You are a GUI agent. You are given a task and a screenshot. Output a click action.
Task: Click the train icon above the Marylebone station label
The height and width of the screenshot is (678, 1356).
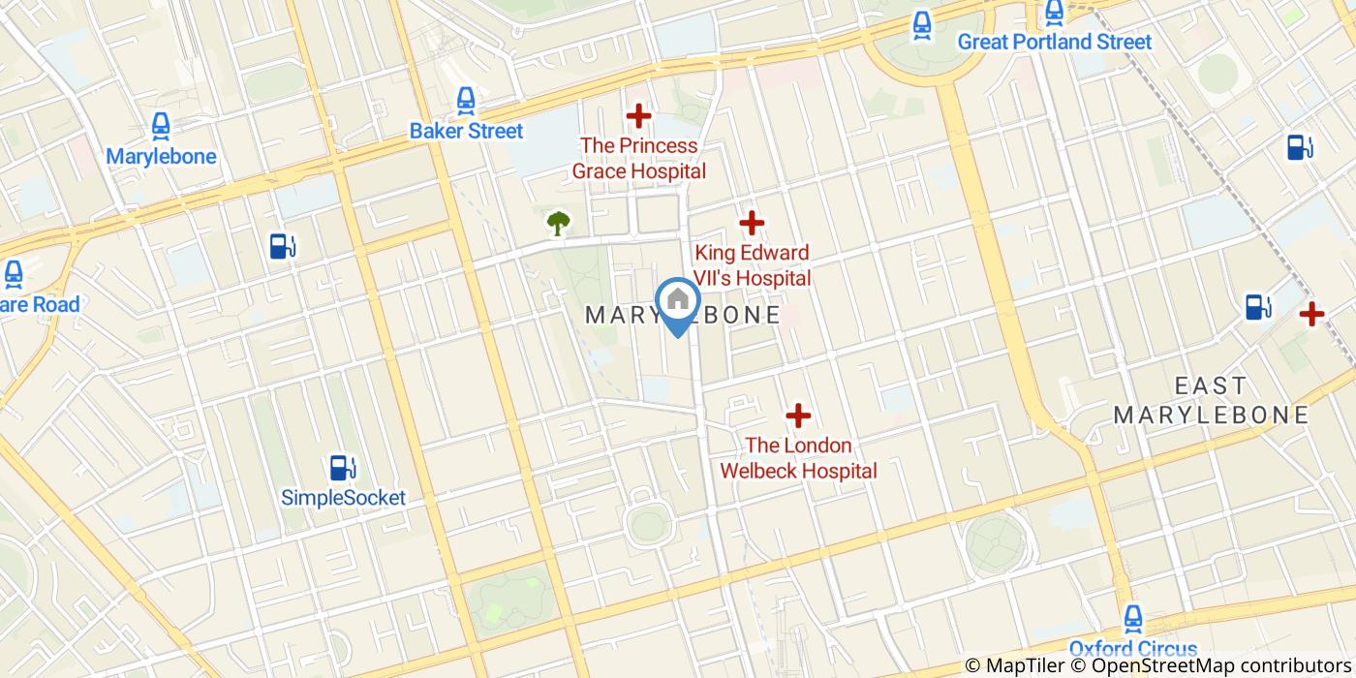(161, 125)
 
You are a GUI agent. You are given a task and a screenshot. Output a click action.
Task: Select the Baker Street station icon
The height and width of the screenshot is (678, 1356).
(466, 100)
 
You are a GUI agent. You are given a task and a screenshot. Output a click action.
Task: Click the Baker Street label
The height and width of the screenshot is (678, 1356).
(466, 131)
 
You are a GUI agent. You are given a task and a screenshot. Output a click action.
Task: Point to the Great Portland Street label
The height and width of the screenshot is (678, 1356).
(1055, 42)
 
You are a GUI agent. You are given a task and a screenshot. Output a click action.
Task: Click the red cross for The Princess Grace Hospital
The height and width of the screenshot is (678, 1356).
(638, 116)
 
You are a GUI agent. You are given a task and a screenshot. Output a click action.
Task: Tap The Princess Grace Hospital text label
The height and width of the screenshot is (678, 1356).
(638, 159)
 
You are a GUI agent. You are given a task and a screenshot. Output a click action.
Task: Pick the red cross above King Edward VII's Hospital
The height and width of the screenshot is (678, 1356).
(752, 224)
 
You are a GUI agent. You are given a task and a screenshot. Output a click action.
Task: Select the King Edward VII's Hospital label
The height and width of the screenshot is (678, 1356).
(752, 265)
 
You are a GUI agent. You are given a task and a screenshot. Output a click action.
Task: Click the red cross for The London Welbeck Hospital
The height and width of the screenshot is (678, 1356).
(798, 416)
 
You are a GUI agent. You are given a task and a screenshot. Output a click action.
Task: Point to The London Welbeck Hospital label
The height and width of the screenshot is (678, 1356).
(798, 458)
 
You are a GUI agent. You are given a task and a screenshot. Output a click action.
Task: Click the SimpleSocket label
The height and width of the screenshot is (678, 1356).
(343, 498)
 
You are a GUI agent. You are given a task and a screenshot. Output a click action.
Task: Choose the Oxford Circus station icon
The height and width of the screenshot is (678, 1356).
(1132, 618)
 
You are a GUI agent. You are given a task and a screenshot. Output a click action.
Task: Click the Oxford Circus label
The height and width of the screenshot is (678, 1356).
(1132, 648)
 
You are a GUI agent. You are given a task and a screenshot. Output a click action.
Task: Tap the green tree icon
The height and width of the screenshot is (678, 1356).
(558, 224)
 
